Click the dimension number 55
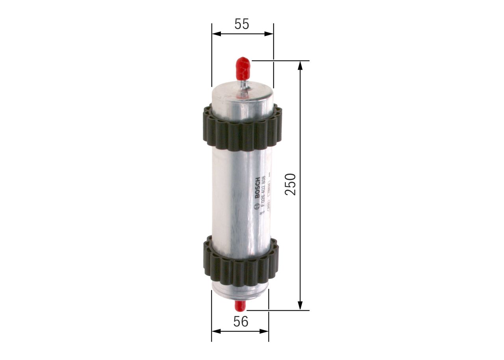coord(242,24)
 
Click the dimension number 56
coord(241,322)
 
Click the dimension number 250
coord(291,184)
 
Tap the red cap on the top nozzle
coord(243,68)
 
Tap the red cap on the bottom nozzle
coord(240,305)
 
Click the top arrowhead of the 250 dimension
coord(300,65)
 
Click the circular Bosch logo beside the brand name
coord(257,205)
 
